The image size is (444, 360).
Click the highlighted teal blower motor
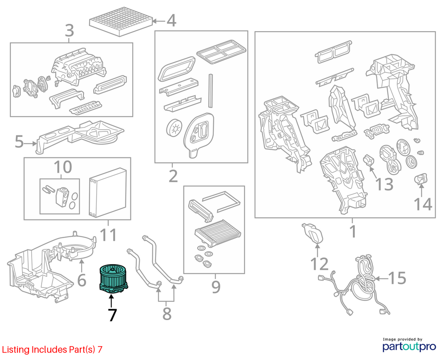[113, 279]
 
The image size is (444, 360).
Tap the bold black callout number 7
[112, 315]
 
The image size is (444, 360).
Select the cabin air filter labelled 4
[121, 22]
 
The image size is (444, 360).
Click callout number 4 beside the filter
[171, 21]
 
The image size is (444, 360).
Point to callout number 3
[69, 31]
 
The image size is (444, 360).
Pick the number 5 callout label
[19, 141]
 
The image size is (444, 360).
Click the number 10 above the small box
[62, 167]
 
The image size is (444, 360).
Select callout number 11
[108, 235]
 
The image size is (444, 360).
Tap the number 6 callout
[82, 280]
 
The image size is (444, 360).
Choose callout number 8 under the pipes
[167, 314]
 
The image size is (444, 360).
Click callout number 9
[216, 287]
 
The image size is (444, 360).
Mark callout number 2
[173, 176]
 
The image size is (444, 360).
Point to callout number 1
[353, 232]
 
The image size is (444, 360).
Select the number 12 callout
[320, 264]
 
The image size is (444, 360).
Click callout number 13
[384, 184]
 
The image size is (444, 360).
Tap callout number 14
[423, 204]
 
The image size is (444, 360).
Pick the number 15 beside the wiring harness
[397, 278]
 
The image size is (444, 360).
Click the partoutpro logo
[409, 345]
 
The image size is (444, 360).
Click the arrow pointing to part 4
[159, 21]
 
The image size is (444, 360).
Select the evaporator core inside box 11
[108, 193]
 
